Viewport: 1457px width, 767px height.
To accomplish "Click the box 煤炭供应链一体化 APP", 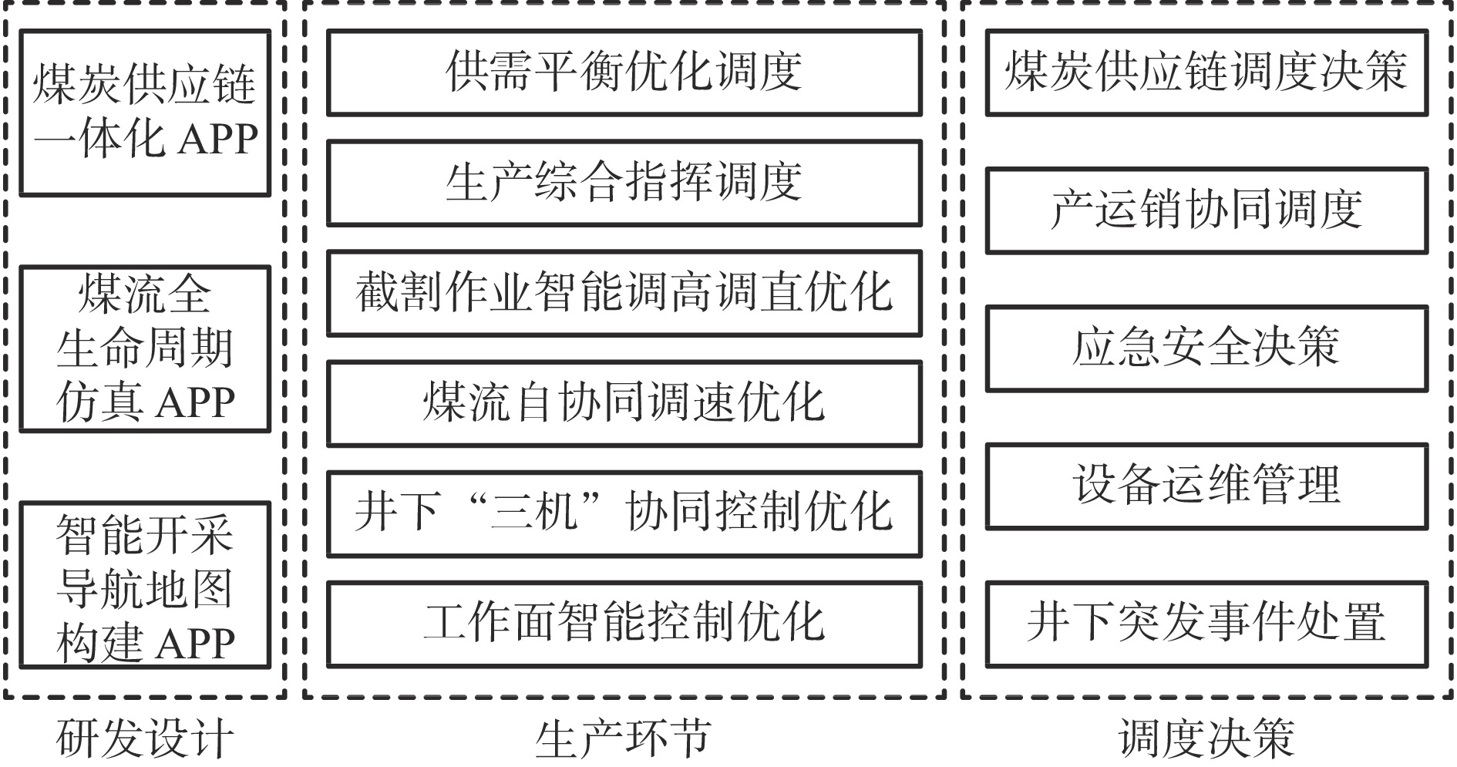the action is click(x=145, y=113).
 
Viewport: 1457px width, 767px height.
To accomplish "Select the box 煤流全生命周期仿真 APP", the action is click(x=145, y=348).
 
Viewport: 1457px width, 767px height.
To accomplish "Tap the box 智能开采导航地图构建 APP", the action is click(x=145, y=585).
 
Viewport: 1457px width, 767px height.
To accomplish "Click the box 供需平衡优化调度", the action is click(x=624, y=72).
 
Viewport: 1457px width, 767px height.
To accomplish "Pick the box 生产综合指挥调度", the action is click(x=624, y=183).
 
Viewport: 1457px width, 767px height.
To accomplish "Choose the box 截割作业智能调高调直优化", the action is click(x=624, y=293).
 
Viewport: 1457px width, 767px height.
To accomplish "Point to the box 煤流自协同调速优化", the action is click(x=624, y=403).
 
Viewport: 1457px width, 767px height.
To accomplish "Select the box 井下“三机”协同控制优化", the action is click(x=624, y=513).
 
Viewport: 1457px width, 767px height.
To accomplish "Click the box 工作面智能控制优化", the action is click(x=624, y=624).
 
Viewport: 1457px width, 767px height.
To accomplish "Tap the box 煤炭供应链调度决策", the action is click(x=1206, y=72).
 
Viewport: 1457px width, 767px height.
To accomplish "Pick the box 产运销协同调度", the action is click(x=1206, y=210).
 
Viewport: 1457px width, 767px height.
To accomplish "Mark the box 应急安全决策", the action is click(x=1206, y=348).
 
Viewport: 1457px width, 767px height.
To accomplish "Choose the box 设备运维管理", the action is click(x=1206, y=486).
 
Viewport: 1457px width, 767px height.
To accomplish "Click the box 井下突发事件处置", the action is click(x=1206, y=624).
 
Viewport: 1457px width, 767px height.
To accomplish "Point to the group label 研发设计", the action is click(x=144, y=739).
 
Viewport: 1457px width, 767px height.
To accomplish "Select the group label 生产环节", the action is click(x=623, y=739).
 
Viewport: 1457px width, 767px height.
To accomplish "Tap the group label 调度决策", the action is click(x=1206, y=739).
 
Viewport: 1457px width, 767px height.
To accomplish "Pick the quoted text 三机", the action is click(x=534, y=512).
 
